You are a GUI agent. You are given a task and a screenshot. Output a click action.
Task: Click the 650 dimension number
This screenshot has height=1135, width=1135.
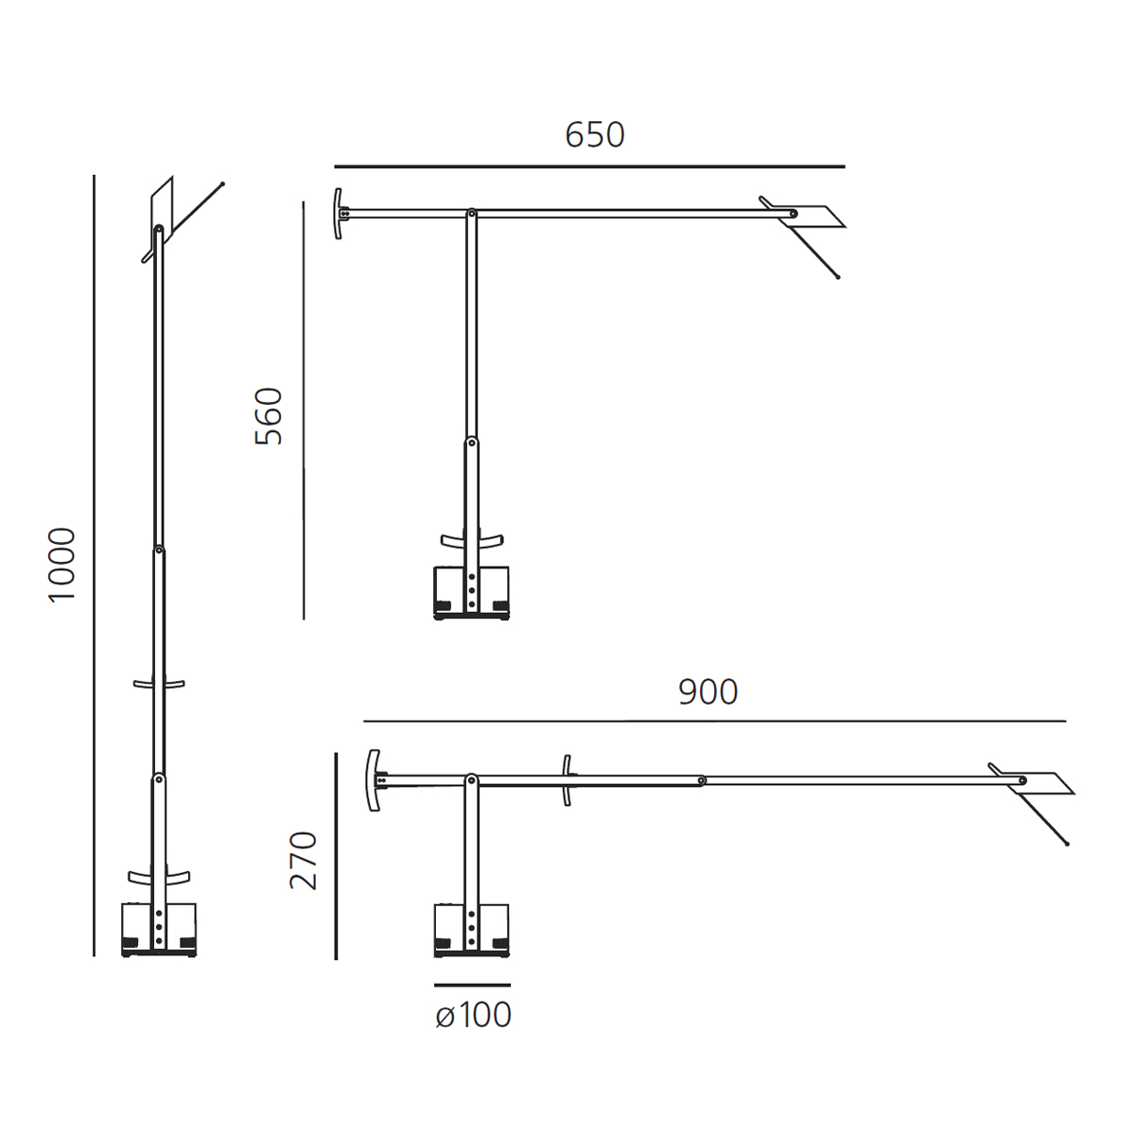(594, 134)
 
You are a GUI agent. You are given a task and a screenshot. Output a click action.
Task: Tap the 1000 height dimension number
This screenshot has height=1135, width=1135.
(61, 565)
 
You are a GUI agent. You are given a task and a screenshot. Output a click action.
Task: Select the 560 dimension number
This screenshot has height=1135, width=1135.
(269, 416)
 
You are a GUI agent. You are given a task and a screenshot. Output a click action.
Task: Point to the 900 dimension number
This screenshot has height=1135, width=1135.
(708, 692)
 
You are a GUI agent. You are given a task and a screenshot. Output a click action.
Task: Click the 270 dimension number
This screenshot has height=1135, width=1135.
(304, 861)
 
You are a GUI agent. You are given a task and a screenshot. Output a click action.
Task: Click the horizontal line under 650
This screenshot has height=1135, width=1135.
(589, 166)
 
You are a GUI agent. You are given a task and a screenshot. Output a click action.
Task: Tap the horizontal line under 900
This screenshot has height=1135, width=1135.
(714, 721)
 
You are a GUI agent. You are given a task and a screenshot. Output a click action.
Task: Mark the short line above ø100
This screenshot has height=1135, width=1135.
(472, 985)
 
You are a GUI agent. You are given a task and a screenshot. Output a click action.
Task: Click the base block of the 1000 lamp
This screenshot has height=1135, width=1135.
(159, 930)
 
